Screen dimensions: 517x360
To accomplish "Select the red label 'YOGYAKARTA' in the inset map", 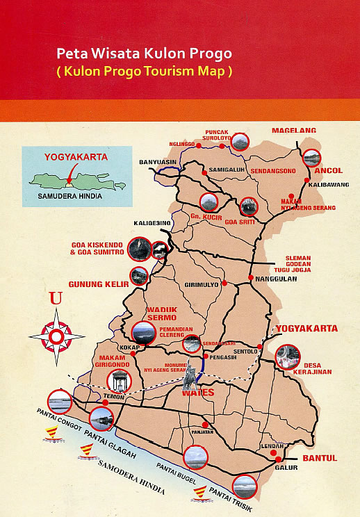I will tap(76, 157).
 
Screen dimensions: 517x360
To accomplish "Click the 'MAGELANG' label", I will tap(293, 130).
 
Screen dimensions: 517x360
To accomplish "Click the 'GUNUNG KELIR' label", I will tap(97, 284).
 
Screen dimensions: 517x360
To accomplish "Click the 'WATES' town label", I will tap(198, 392).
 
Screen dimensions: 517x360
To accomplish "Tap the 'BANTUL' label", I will tap(319, 459).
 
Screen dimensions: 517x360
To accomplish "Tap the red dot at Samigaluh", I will tap(204, 172).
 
